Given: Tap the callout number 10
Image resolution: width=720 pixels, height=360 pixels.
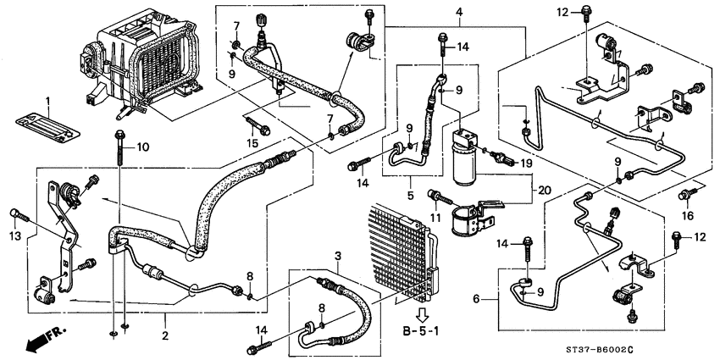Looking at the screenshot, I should pos(142,148).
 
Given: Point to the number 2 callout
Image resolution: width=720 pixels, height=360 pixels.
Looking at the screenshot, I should pos(166,336).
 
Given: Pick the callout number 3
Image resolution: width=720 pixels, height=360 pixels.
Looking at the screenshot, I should pos(337,255).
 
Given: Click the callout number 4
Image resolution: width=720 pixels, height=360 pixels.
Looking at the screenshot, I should pos(458,12).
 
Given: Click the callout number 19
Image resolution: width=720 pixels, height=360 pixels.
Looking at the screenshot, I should pos(525,162).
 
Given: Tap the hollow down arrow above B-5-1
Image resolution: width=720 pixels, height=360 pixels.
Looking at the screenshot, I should pos(421,302).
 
